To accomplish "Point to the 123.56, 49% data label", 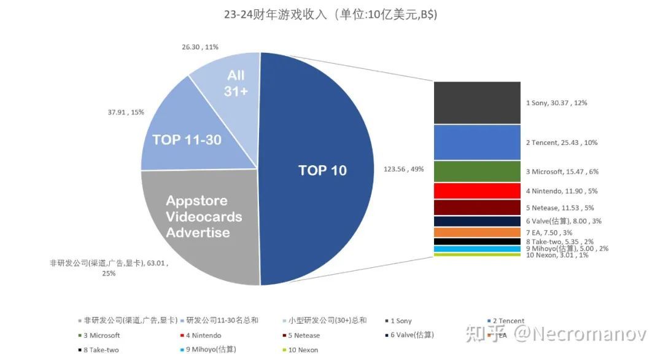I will coord(403,170).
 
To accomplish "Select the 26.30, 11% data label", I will coord(200,47).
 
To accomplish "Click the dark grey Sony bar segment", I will coord(477,103).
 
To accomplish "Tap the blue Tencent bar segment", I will coord(477,143).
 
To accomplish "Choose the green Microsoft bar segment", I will coord(477,171).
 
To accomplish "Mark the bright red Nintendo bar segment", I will coord(477,190).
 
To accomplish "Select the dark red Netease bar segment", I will coord(477,208).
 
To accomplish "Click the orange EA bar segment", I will coord(477,232).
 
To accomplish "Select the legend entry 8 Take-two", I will coord(102,350).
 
